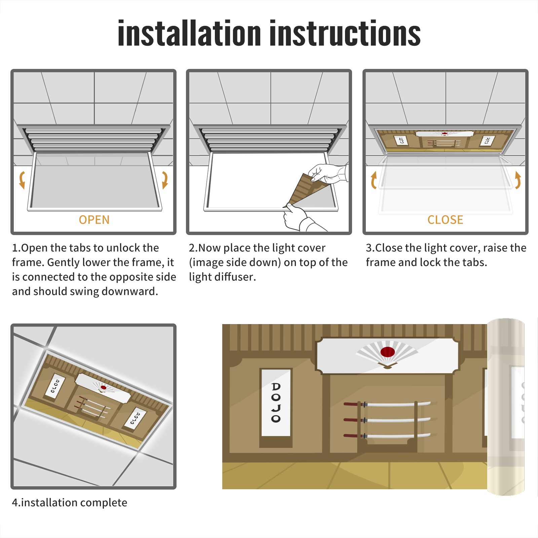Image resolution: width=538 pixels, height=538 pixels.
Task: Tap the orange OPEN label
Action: pos(94,220)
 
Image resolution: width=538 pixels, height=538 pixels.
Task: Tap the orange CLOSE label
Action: pos(445,220)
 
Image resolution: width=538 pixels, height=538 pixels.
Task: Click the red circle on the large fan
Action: pos(387,352)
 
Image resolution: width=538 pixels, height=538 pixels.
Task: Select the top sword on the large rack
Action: pos(387,404)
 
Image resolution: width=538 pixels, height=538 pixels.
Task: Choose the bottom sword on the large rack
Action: pos(387,436)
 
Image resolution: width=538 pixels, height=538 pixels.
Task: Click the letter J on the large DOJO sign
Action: pos(276,408)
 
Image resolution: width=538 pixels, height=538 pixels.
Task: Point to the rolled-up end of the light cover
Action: pos(506,407)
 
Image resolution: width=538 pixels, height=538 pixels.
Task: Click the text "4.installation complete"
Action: pos(70,503)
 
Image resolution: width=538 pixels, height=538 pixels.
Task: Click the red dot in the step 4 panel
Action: pos(104,388)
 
